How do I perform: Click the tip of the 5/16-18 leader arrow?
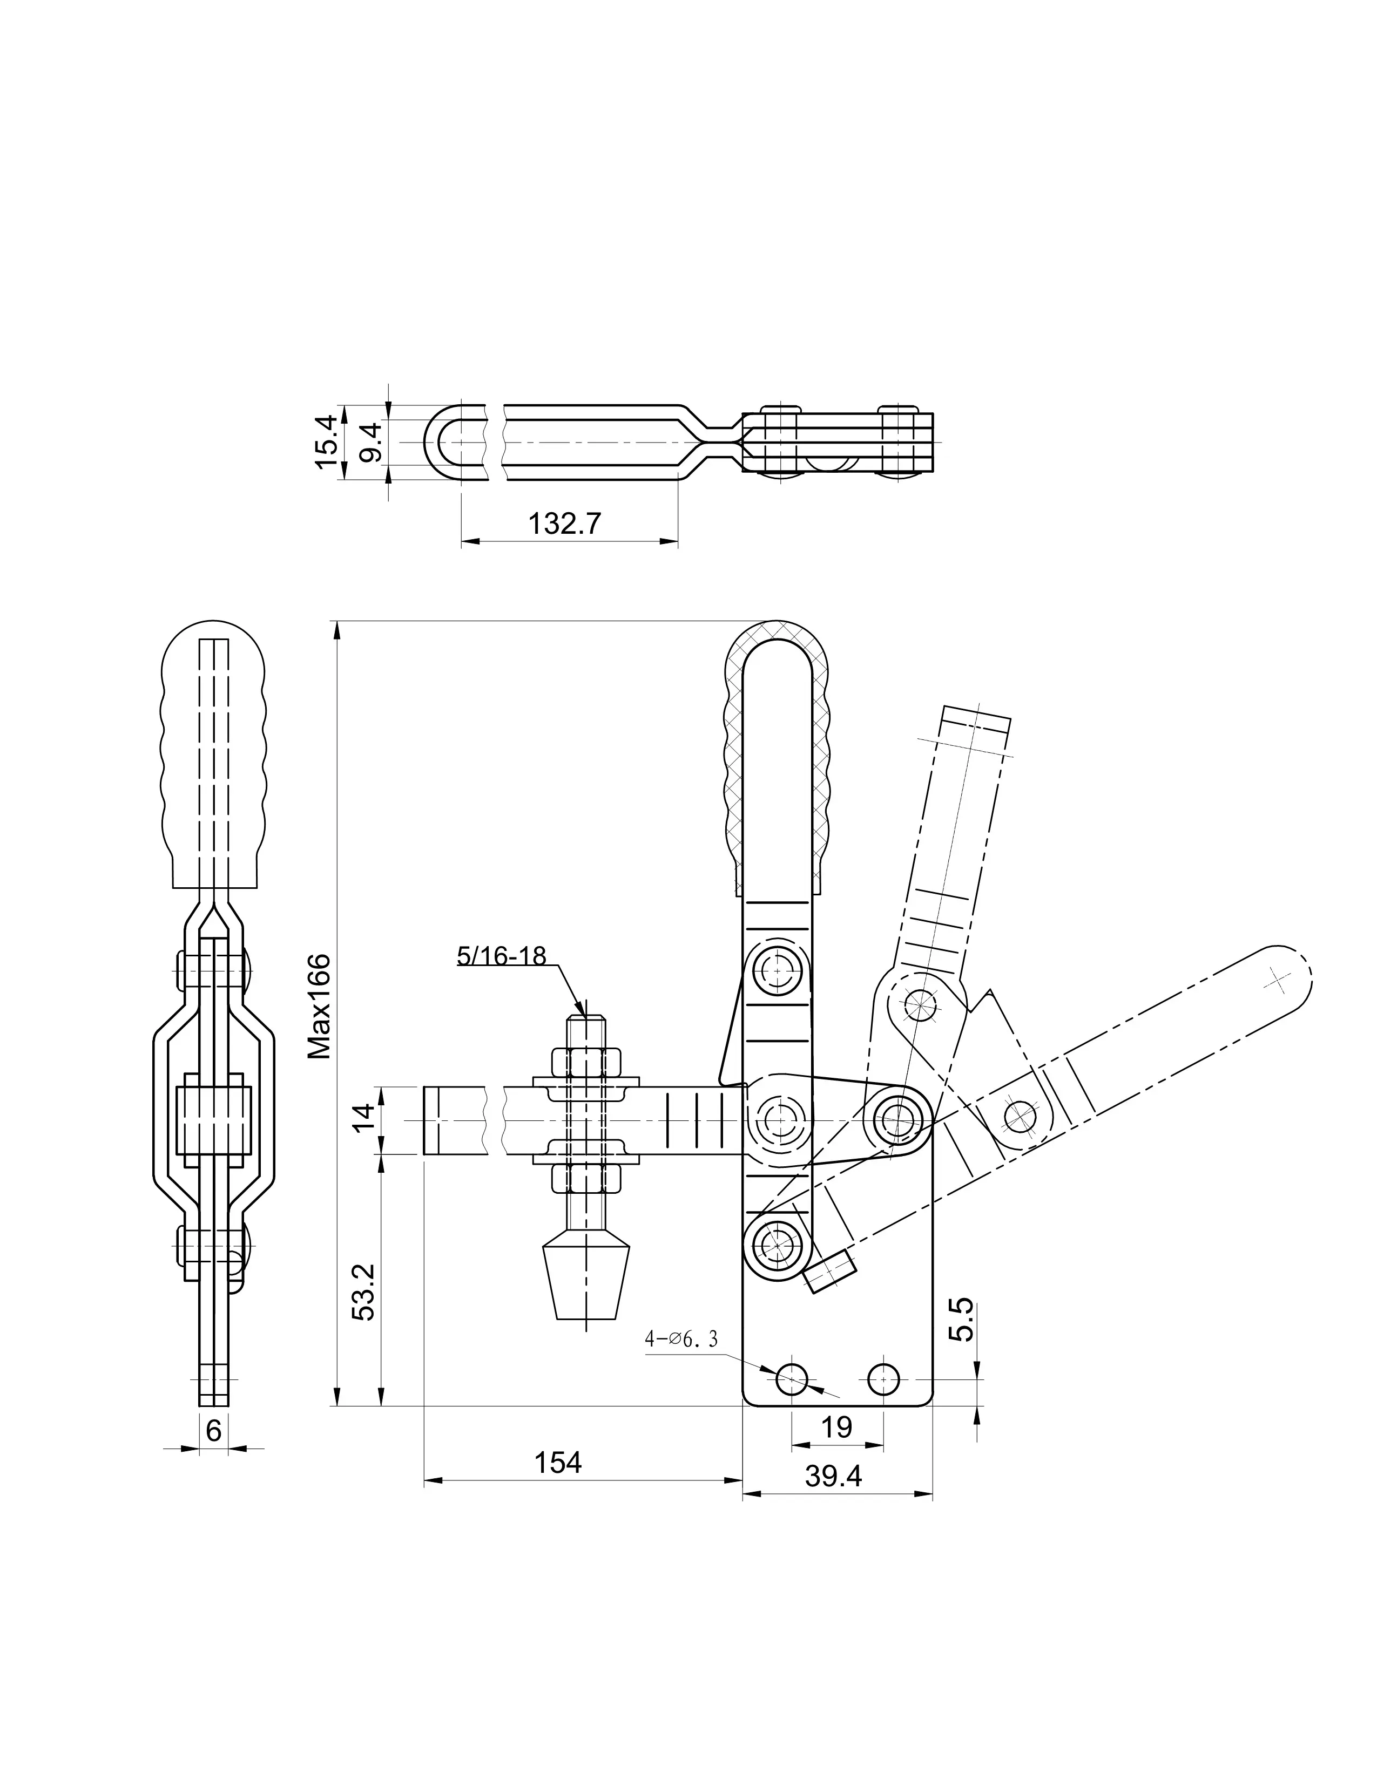(584, 1015)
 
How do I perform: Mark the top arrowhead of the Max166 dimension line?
(335, 622)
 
